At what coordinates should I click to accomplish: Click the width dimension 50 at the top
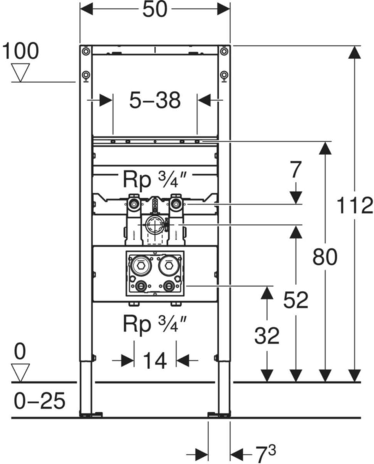(155, 9)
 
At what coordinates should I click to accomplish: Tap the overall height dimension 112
(355, 206)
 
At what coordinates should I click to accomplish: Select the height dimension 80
(325, 257)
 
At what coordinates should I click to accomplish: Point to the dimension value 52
(296, 300)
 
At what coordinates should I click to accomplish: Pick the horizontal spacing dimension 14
(155, 361)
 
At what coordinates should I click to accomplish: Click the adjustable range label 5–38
(155, 100)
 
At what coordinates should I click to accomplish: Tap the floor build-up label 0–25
(40, 401)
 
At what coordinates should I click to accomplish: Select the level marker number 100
(21, 51)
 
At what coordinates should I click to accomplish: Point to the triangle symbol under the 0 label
(21, 372)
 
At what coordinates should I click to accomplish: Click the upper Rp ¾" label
(155, 180)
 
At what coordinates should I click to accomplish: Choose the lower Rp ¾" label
(155, 324)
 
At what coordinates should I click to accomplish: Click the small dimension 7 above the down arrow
(296, 170)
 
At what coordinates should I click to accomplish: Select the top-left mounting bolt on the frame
(86, 51)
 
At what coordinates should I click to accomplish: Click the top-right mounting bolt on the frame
(224, 51)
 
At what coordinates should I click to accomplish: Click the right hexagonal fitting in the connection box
(168, 266)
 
